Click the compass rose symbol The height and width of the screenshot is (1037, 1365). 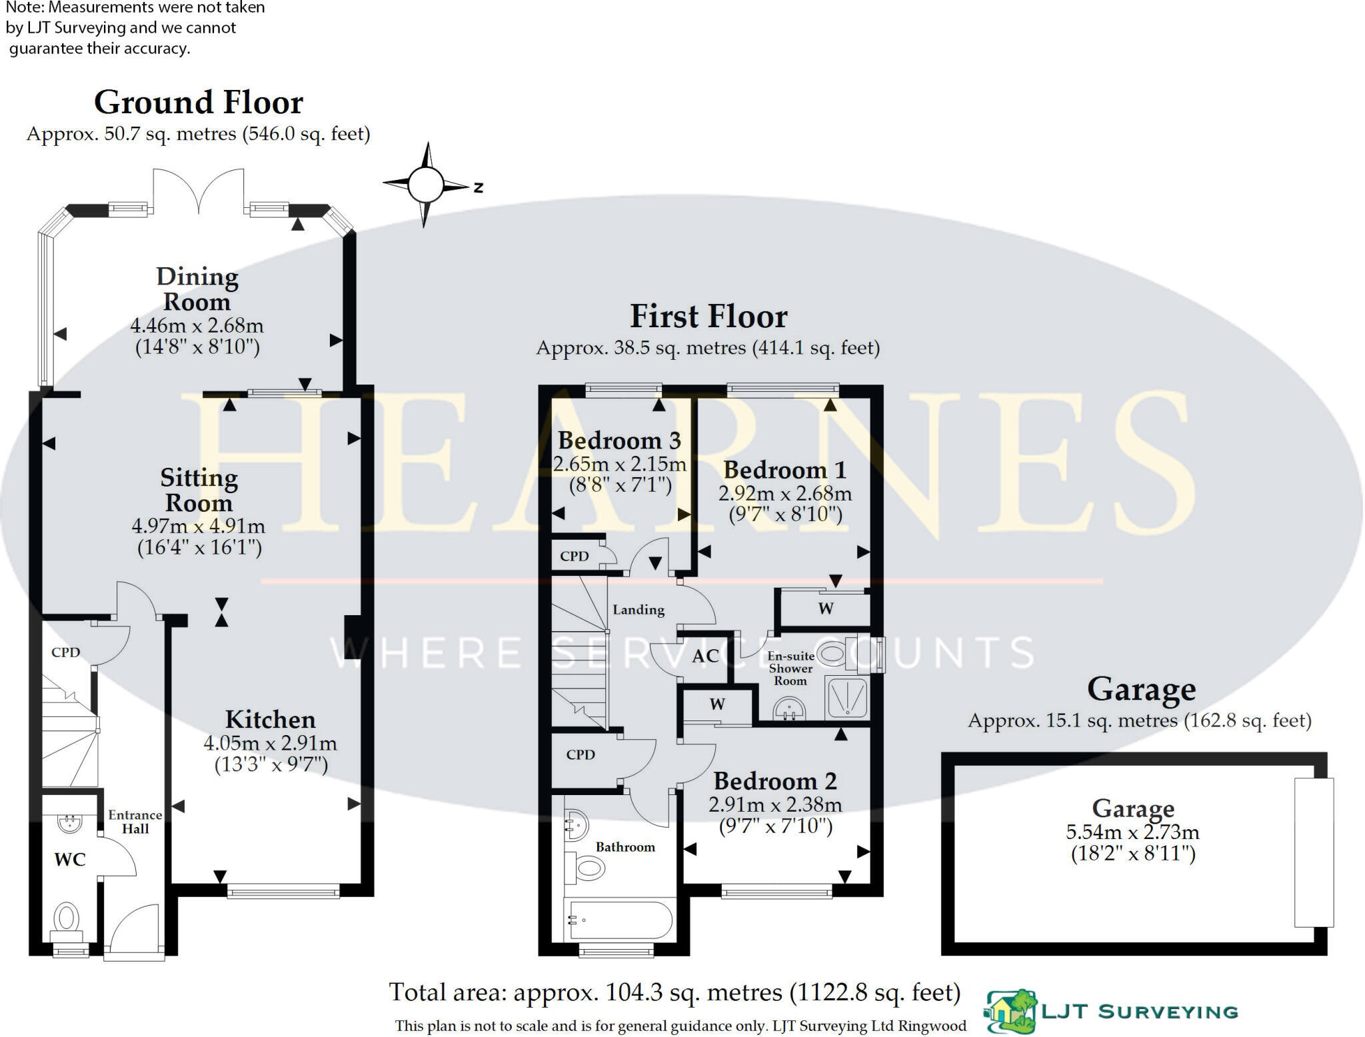(x=425, y=185)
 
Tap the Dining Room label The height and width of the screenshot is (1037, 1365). (x=197, y=289)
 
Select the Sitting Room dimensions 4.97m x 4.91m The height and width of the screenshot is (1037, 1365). (x=199, y=526)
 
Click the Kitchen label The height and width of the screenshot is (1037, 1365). (x=270, y=720)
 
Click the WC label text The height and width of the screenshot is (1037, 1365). (x=70, y=860)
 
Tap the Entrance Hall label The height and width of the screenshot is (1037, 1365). (x=135, y=822)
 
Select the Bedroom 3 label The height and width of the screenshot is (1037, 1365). (x=619, y=441)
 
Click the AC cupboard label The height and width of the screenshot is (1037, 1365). (x=705, y=656)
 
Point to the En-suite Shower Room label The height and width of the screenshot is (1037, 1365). (x=790, y=668)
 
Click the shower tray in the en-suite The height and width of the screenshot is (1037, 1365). (x=846, y=698)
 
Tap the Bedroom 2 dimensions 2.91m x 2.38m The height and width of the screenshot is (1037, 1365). (x=775, y=804)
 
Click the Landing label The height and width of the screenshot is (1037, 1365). (x=639, y=610)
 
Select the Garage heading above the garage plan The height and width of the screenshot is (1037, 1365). (x=1141, y=690)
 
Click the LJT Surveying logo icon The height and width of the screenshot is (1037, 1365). (x=1012, y=1012)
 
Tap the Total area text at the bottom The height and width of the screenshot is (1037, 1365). (x=675, y=992)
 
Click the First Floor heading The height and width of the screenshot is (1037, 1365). (x=708, y=317)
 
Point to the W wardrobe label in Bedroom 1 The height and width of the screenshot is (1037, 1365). (x=825, y=608)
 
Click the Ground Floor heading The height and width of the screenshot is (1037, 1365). (x=199, y=103)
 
